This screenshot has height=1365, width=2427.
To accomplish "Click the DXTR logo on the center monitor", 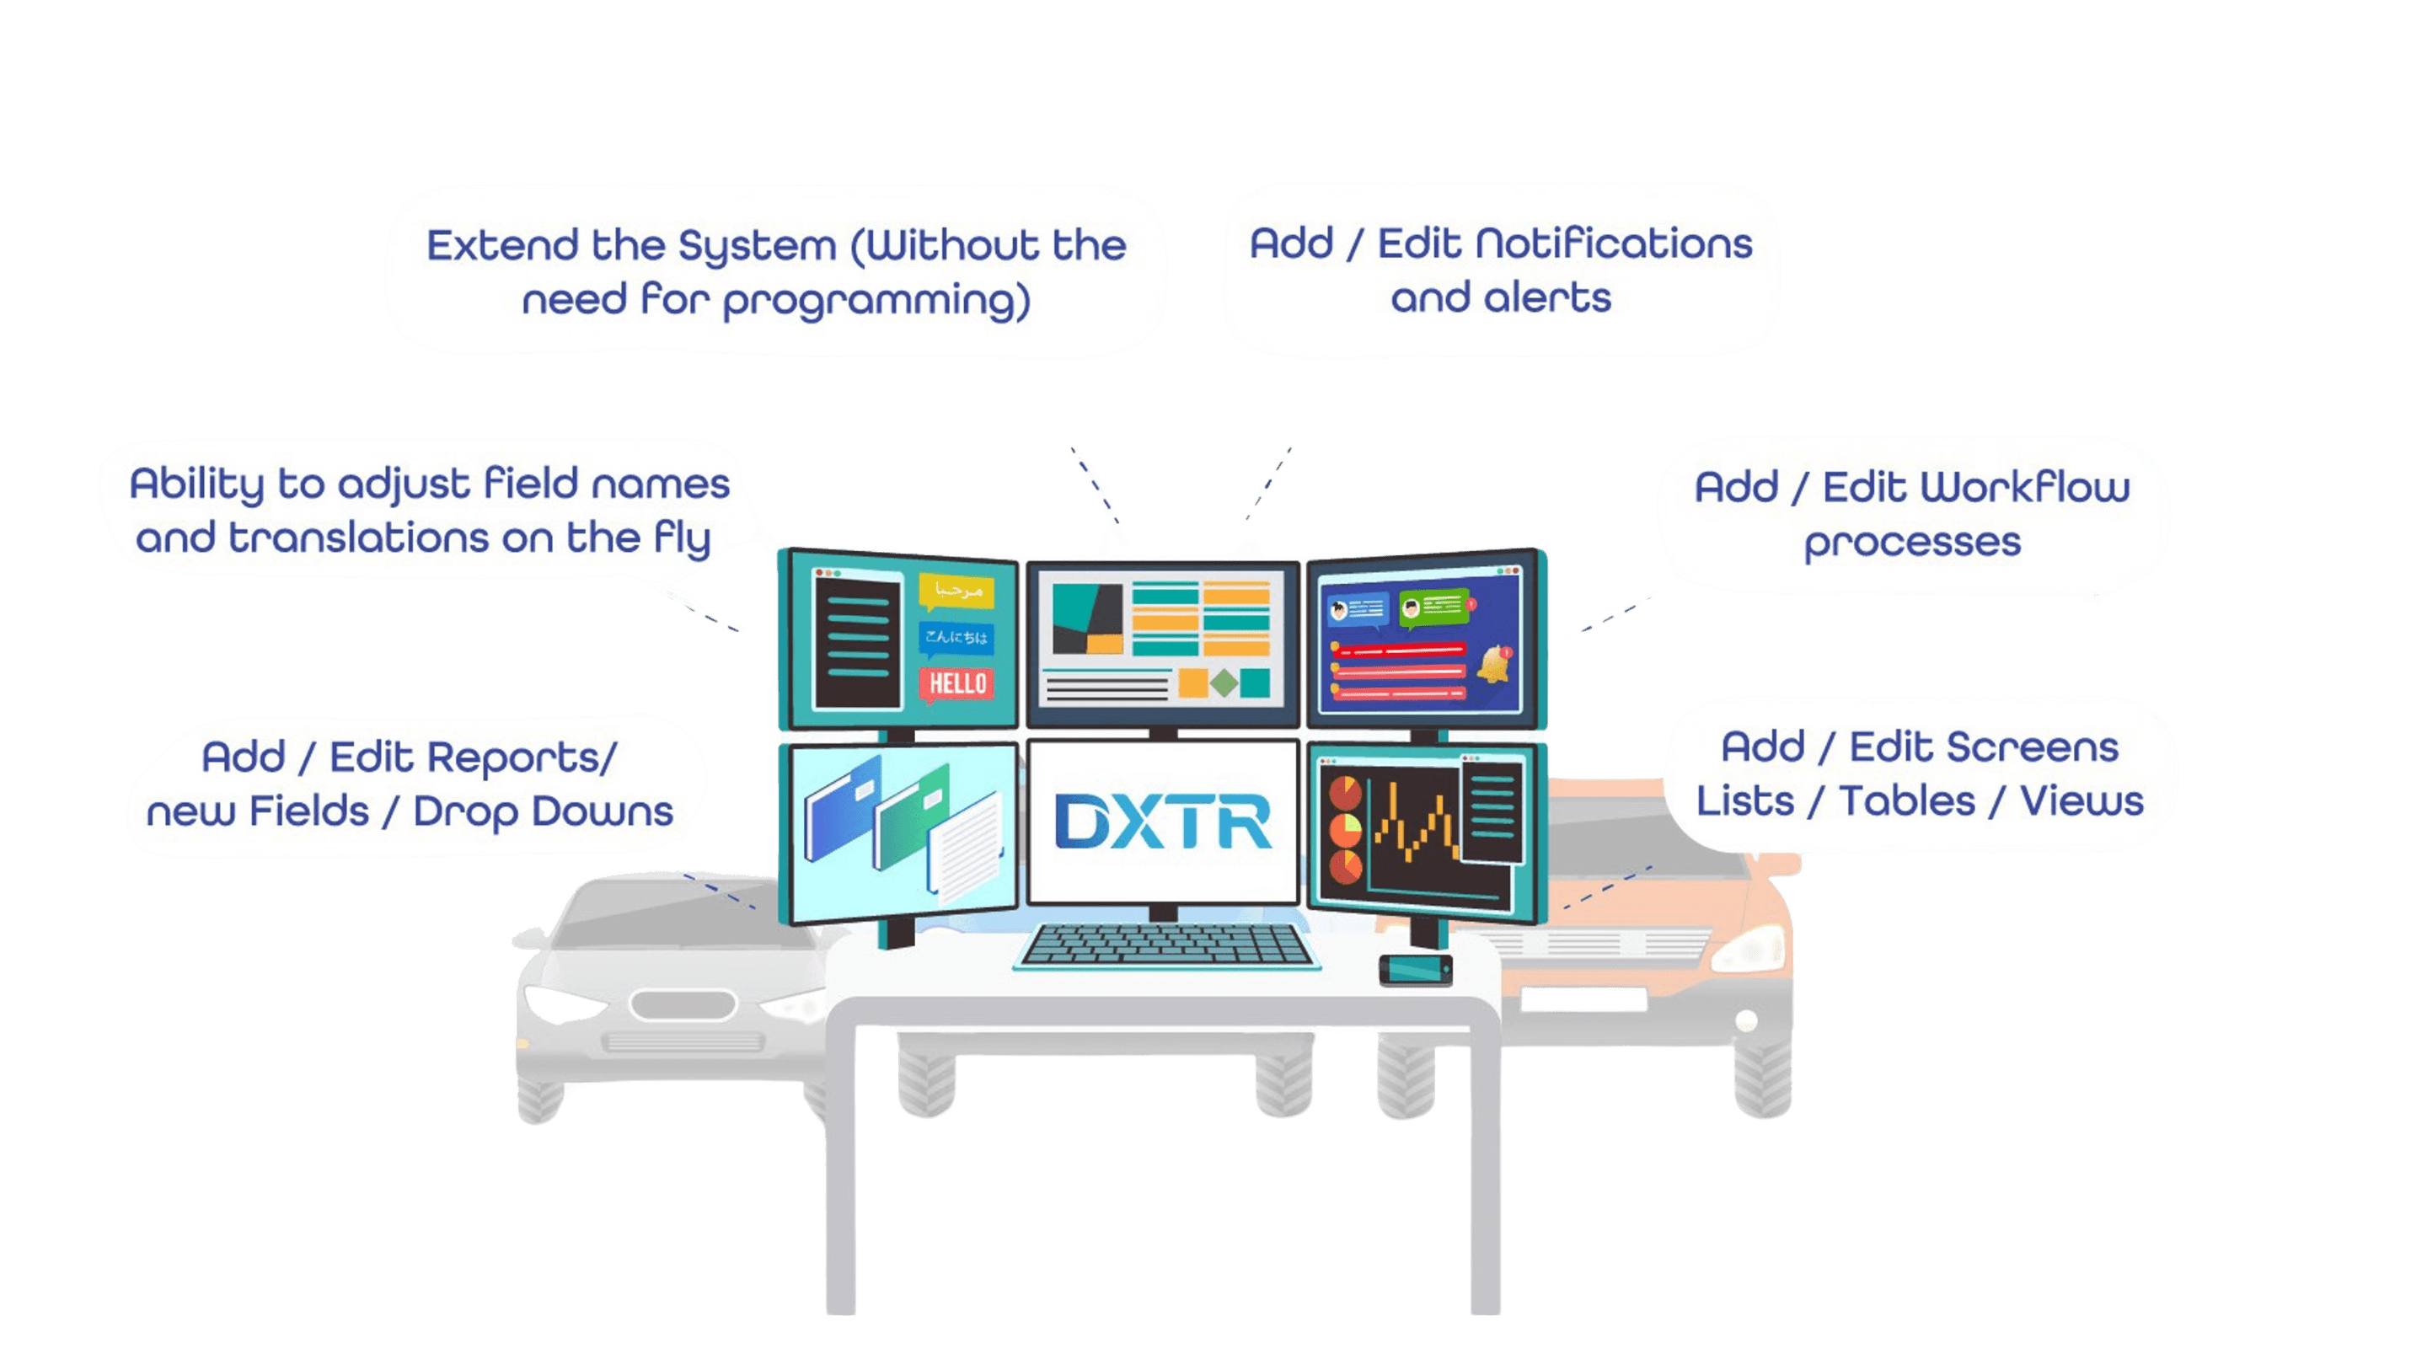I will [x=1163, y=822].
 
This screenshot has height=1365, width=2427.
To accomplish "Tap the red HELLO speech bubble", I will [x=957, y=683].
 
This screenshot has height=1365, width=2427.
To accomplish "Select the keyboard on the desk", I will [x=1166, y=945].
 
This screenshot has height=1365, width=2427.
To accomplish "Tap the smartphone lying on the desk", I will [x=1415, y=969].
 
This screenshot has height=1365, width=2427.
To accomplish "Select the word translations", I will [x=359, y=539].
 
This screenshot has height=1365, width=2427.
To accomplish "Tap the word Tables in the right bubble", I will [x=1907, y=801].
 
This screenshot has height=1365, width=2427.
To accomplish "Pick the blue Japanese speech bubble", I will [x=956, y=638].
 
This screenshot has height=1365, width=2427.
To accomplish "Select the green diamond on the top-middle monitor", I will [x=1223, y=683].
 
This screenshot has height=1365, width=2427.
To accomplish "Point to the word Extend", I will [x=502, y=246].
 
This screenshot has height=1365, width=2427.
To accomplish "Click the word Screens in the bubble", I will [x=2031, y=748].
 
